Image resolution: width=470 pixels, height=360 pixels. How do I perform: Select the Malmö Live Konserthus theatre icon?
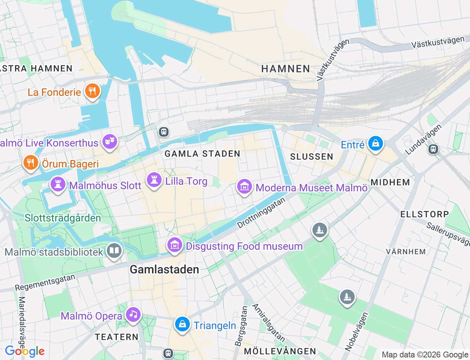point(109,141)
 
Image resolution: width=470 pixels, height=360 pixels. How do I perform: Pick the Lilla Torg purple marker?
point(154,180)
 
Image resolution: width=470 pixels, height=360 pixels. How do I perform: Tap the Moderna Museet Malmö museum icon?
point(244,187)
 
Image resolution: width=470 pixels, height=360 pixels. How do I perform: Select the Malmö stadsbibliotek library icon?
point(114,251)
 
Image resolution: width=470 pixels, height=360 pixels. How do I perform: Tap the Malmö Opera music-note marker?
point(133,314)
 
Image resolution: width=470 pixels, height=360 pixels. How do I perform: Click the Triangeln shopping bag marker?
point(182,324)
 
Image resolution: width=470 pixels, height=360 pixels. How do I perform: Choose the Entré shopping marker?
point(375,143)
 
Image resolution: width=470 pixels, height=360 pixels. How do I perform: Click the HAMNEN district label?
point(286,69)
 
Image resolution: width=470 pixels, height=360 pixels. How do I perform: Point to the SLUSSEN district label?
point(311,156)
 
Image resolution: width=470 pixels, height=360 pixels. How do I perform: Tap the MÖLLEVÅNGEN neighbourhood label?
point(280,351)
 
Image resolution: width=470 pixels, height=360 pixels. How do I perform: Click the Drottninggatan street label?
point(261,213)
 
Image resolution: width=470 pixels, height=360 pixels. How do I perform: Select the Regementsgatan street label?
point(45,282)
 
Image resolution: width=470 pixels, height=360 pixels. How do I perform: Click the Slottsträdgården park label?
point(62,218)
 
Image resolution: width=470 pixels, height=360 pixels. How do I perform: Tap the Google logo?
point(25,351)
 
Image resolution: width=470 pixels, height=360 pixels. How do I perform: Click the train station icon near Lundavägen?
point(433,149)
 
